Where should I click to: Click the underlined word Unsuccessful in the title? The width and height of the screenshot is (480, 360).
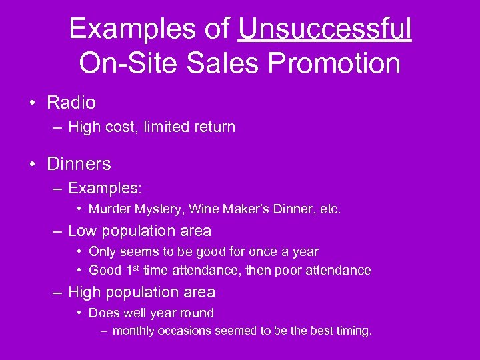tap(325, 29)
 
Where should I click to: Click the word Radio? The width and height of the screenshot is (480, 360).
tap(71, 103)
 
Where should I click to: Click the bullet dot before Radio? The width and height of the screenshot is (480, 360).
tap(33, 103)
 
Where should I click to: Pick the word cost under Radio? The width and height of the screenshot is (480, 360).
tap(127, 127)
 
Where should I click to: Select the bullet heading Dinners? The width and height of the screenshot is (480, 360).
tap(79, 163)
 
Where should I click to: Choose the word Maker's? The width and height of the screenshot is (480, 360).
tap(244, 209)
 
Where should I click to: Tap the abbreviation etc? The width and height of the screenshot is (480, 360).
tap(331, 209)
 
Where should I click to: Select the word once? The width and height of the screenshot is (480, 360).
tap(263, 252)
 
